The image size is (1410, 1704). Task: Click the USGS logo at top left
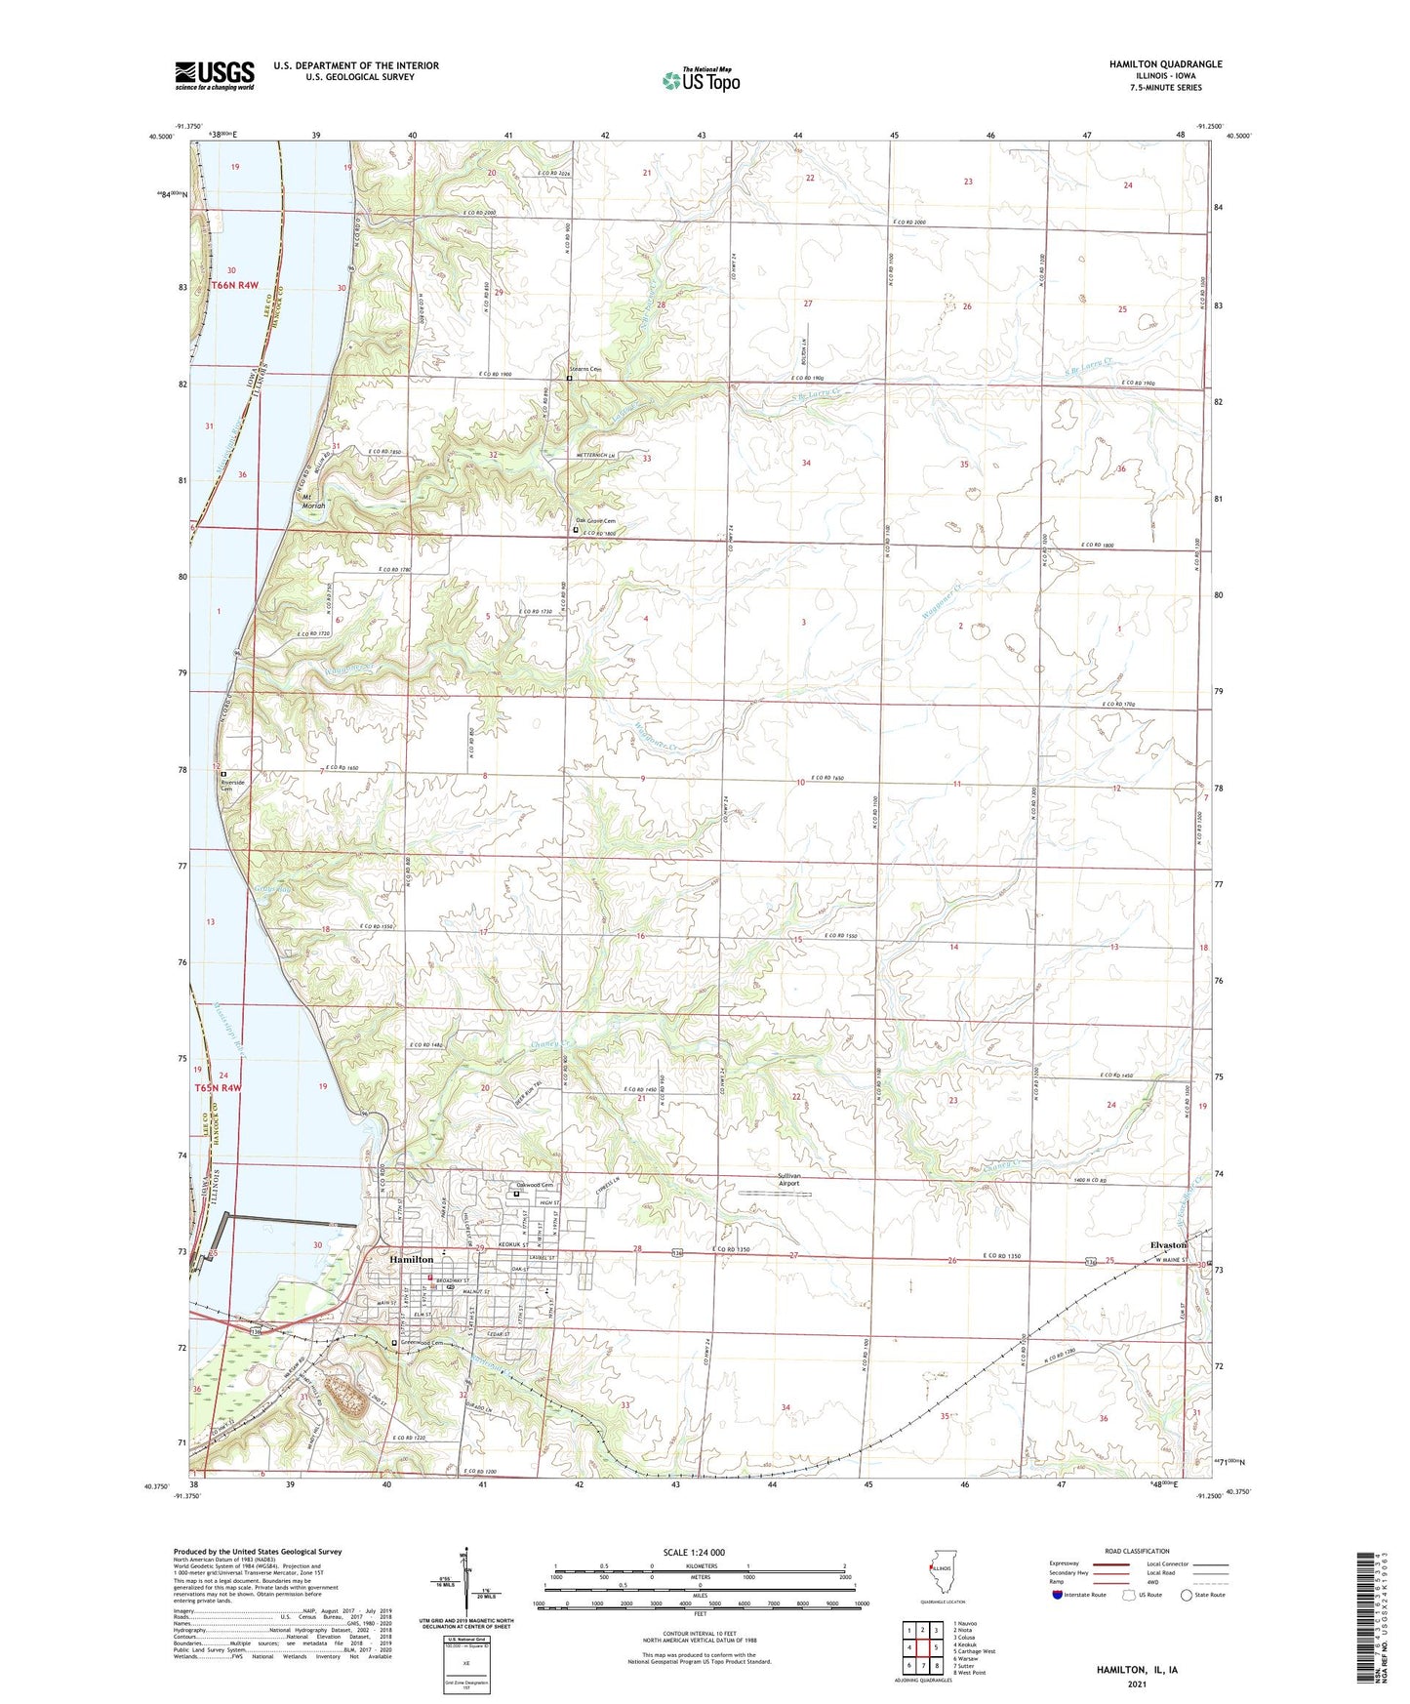215,75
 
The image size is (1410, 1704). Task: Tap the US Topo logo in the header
701,80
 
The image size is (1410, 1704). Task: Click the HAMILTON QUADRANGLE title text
1165,64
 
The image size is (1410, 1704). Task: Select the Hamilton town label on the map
411,1260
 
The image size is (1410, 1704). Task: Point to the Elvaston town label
1168,1245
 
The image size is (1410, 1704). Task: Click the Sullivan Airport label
789,1180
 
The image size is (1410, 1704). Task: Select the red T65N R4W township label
217,1087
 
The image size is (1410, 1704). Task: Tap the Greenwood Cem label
430,1344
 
